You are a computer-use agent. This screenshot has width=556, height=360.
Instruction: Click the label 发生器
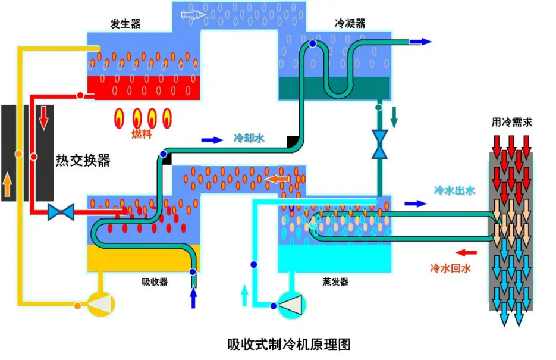(125, 24)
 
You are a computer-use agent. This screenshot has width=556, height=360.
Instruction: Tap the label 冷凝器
(350, 24)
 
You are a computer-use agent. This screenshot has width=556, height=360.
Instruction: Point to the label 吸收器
(155, 281)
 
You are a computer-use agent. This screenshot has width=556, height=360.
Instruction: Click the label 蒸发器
(335, 281)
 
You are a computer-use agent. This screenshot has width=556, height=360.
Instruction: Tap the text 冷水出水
(454, 191)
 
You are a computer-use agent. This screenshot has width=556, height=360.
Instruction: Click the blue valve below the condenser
(379, 145)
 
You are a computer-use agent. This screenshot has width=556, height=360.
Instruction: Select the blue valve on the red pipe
(61, 211)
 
